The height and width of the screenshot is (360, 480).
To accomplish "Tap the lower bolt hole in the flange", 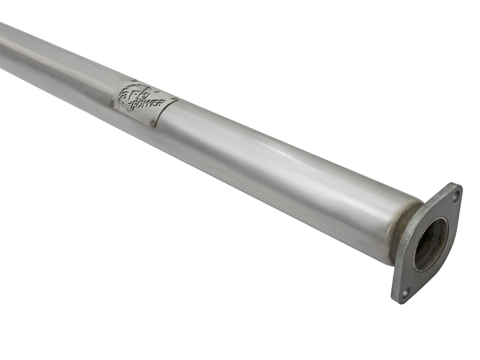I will (x=404, y=293).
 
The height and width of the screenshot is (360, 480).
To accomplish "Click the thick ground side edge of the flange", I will (x=395, y=277).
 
